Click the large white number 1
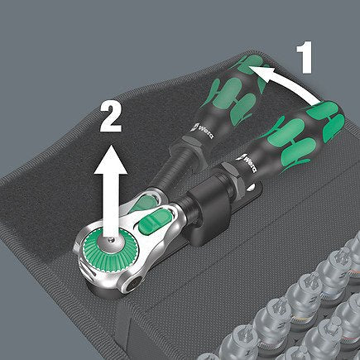click(305, 59)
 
